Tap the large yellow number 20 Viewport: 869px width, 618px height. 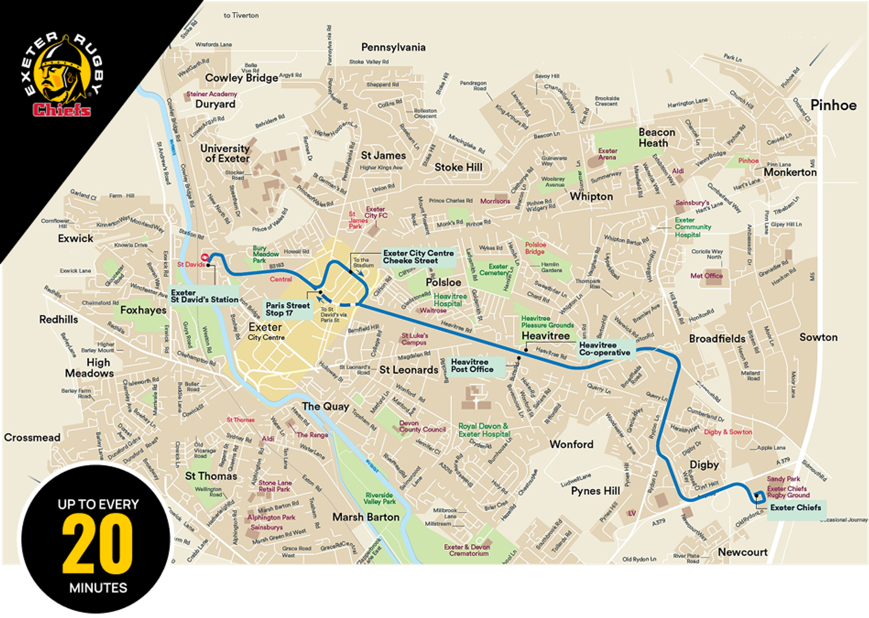coord(98,544)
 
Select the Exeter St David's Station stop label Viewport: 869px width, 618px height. coord(205,296)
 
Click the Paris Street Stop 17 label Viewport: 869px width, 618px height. coord(287,309)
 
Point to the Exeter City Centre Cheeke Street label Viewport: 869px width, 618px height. coord(418,257)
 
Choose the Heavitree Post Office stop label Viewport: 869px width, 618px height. coord(472,366)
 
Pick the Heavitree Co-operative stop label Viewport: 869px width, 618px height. coord(605,349)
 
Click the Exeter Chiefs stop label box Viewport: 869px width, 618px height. coord(795,508)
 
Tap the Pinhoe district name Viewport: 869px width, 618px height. coord(833,105)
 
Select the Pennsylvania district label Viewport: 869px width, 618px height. coord(393,47)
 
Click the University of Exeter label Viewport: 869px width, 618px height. coord(225,153)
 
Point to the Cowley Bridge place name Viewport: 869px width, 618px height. coord(241,78)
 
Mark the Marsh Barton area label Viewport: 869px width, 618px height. coord(366,517)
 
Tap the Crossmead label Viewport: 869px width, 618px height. coord(32,437)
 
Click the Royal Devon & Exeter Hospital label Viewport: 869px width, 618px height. coord(484,430)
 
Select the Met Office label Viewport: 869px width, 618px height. coord(707,276)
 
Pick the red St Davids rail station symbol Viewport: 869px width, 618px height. coord(205,257)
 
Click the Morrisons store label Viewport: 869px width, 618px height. coord(495,201)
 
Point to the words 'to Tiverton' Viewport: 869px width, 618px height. coord(241,15)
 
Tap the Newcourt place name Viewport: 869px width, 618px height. coord(743,552)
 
